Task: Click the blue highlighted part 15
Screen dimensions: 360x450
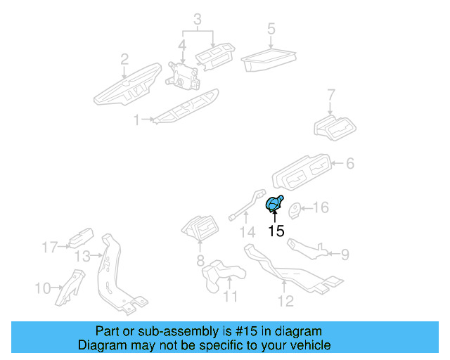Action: (273, 205)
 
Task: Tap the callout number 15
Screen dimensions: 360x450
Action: (276, 231)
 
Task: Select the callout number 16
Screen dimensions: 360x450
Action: (320, 207)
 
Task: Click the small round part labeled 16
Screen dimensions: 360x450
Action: (297, 209)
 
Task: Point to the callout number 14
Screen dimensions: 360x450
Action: (245, 232)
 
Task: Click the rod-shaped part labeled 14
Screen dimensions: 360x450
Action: (245, 205)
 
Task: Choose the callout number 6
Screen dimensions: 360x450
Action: (349, 164)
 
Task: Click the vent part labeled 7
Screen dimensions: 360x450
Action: (335, 127)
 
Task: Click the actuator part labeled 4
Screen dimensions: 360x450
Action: (182, 74)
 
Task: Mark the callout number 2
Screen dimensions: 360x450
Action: (124, 58)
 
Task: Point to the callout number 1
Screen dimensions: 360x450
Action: (136, 120)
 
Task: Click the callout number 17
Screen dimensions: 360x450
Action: (49, 247)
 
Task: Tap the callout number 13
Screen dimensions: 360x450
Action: (83, 256)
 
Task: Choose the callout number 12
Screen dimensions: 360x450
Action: (285, 302)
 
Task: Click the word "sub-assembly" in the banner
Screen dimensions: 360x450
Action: (178, 331)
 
